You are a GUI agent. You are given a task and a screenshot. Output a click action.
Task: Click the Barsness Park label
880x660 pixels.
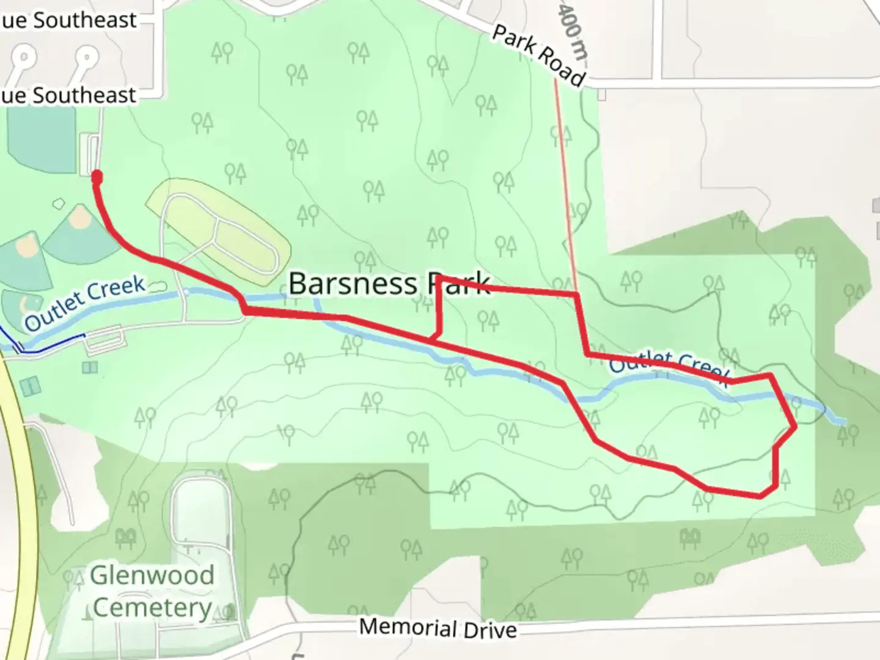389,284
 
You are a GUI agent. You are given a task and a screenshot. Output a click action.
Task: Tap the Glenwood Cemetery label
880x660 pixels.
152,592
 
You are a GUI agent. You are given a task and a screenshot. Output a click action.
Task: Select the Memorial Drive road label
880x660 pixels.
438,628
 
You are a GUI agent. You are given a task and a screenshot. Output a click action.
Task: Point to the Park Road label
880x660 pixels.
538,55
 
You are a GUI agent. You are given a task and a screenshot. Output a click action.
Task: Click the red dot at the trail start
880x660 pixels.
97,177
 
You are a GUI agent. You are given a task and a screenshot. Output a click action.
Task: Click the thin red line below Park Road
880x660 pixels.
565,183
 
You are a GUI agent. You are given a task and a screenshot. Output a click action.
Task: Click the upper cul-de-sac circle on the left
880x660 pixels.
24,59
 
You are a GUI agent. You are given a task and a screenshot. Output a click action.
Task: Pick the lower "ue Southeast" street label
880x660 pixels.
68,95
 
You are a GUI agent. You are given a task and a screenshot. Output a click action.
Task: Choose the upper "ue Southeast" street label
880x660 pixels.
68,20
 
